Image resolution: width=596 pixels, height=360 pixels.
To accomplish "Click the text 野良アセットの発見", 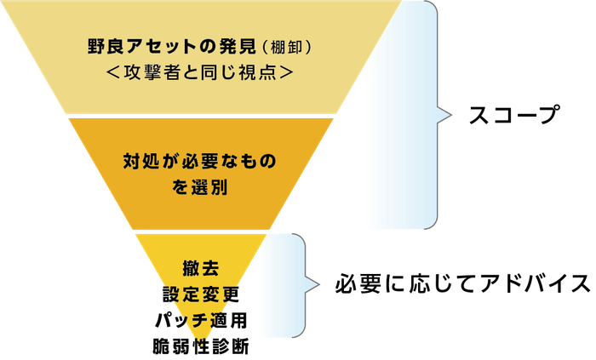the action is [172, 47].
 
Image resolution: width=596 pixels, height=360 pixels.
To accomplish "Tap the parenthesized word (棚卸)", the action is [287, 47].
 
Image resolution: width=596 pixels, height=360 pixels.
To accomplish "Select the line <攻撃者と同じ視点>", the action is [200, 71].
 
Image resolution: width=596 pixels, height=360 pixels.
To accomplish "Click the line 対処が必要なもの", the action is [199, 162].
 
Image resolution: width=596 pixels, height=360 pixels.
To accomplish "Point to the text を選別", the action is [199, 187].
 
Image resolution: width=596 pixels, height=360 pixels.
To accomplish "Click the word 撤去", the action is [201, 268].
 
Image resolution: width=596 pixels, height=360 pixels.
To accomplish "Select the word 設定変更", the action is [201, 294].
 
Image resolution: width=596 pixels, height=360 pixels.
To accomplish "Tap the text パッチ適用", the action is [201, 320].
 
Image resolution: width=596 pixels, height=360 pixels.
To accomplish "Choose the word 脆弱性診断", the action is [201, 346].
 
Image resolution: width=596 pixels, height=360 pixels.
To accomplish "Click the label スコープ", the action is [514, 115].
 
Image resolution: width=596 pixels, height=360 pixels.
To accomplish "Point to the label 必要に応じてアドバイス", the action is [462, 283].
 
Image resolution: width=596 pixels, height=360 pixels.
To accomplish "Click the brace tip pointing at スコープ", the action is [451, 115].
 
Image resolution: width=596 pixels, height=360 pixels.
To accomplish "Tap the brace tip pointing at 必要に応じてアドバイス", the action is [319, 285].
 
